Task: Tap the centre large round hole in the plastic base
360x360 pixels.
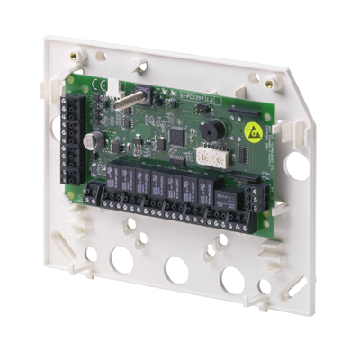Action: (176, 266)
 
